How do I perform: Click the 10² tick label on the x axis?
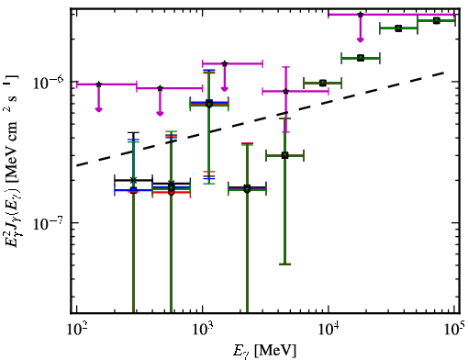tap(77, 330)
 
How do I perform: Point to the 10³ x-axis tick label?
tap(203, 330)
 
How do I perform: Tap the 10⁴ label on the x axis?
tap(329, 330)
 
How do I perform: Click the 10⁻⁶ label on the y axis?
tap(48, 82)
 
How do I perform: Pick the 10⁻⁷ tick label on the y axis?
tap(48, 223)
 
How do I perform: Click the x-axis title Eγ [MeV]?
tap(264, 351)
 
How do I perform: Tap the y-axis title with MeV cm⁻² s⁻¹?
tap(12, 162)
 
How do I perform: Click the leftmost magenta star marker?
tap(98, 84)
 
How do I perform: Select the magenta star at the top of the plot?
tap(361, 15)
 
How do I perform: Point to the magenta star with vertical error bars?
tap(285, 91)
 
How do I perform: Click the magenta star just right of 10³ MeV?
tap(225, 63)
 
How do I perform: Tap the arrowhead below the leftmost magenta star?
tap(98, 110)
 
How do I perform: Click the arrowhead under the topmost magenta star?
tap(361, 39)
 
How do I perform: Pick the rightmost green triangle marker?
tap(437, 20)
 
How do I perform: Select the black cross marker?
tap(133, 180)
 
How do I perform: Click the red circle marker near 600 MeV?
tap(172, 193)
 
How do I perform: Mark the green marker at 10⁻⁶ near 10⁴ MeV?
tap(323, 83)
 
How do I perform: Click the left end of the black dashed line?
tap(77, 165)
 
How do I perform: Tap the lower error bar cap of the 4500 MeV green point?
tap(284, 264)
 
